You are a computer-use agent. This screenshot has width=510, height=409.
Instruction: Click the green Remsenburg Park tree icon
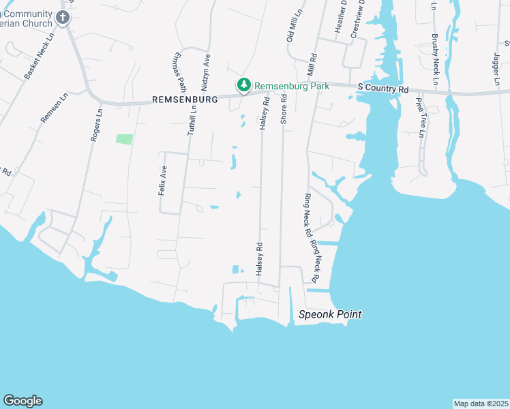pyautogui.click(x=243, y=86)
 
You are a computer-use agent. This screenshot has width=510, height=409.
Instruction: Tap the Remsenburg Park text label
pyautogui.click(x=292, y=87)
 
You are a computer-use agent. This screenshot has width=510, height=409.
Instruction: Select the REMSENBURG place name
pyautogui.click(x=184, y=99)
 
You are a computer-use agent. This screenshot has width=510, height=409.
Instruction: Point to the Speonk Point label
pyautogui.click(x=330, y=315)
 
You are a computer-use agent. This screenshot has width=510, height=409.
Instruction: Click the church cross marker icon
pyautogui.click(x=63, y=18)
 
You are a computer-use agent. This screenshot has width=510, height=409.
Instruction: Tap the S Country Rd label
pyautogui.click(x=382, y=89)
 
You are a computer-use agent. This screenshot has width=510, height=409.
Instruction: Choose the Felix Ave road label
pyautogui.click(x=163, y=181)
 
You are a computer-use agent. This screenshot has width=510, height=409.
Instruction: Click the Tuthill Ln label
pyautogui.click(x=193, y=117)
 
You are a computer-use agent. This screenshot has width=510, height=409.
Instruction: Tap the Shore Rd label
pyautogui.click(x=284, y=109)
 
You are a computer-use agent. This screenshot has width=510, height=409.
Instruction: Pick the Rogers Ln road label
pyautogui.click(x=96, y=124)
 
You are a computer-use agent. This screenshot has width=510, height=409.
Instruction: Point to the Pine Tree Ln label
pyautogui.click(x=420, y=117)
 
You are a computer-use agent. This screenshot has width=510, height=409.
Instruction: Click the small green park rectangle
pyautogui.click(x=124, y=139)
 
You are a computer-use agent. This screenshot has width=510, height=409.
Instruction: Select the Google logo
pyautogui.click(x=22, y=401)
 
